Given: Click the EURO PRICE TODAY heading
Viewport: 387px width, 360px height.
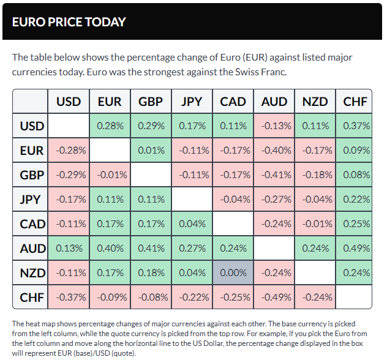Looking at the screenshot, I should point(69,22).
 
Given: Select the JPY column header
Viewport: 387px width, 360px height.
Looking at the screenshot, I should point(192,102).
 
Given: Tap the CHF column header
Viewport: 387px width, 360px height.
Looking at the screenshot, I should point(356,102).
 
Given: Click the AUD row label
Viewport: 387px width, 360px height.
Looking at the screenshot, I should point(32,248).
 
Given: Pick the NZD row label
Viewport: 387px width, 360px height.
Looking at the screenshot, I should point(32,272).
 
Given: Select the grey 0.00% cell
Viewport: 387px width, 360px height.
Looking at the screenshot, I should point(233,272).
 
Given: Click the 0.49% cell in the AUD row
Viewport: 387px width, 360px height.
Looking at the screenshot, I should point(356,248).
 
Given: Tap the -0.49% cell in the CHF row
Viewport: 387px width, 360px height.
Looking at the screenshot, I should point(274,297).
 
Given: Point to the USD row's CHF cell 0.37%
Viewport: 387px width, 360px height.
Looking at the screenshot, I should point(356,126).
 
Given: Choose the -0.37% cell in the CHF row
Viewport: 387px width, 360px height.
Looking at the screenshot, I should point(69,297).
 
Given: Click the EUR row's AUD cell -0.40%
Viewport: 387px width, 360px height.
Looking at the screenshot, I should point(274,151).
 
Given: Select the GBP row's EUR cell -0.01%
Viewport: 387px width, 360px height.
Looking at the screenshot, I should point(110,175).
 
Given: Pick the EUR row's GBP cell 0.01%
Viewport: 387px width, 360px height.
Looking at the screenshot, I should point(151,151).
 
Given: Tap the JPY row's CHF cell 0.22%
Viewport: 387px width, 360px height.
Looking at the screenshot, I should point(356,200).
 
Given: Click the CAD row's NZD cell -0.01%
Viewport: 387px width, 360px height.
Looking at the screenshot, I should point(315,223).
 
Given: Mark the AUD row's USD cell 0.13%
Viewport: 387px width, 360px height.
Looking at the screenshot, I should point(69,248).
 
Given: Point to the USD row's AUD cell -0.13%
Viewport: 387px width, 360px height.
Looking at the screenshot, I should point(274,126).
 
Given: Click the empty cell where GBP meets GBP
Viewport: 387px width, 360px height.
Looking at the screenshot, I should point(151,175).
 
